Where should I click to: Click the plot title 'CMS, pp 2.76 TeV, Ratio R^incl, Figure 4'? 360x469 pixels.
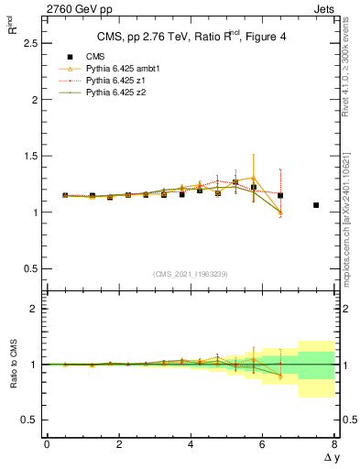click(190, 37)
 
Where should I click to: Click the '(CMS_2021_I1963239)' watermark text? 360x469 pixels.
click(191, 274)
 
